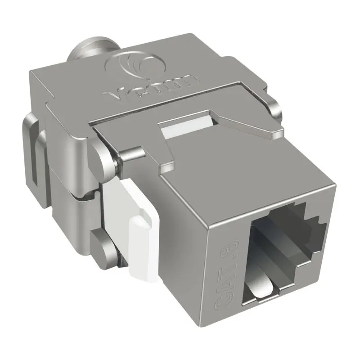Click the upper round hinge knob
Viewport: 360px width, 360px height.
click(103, 157)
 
